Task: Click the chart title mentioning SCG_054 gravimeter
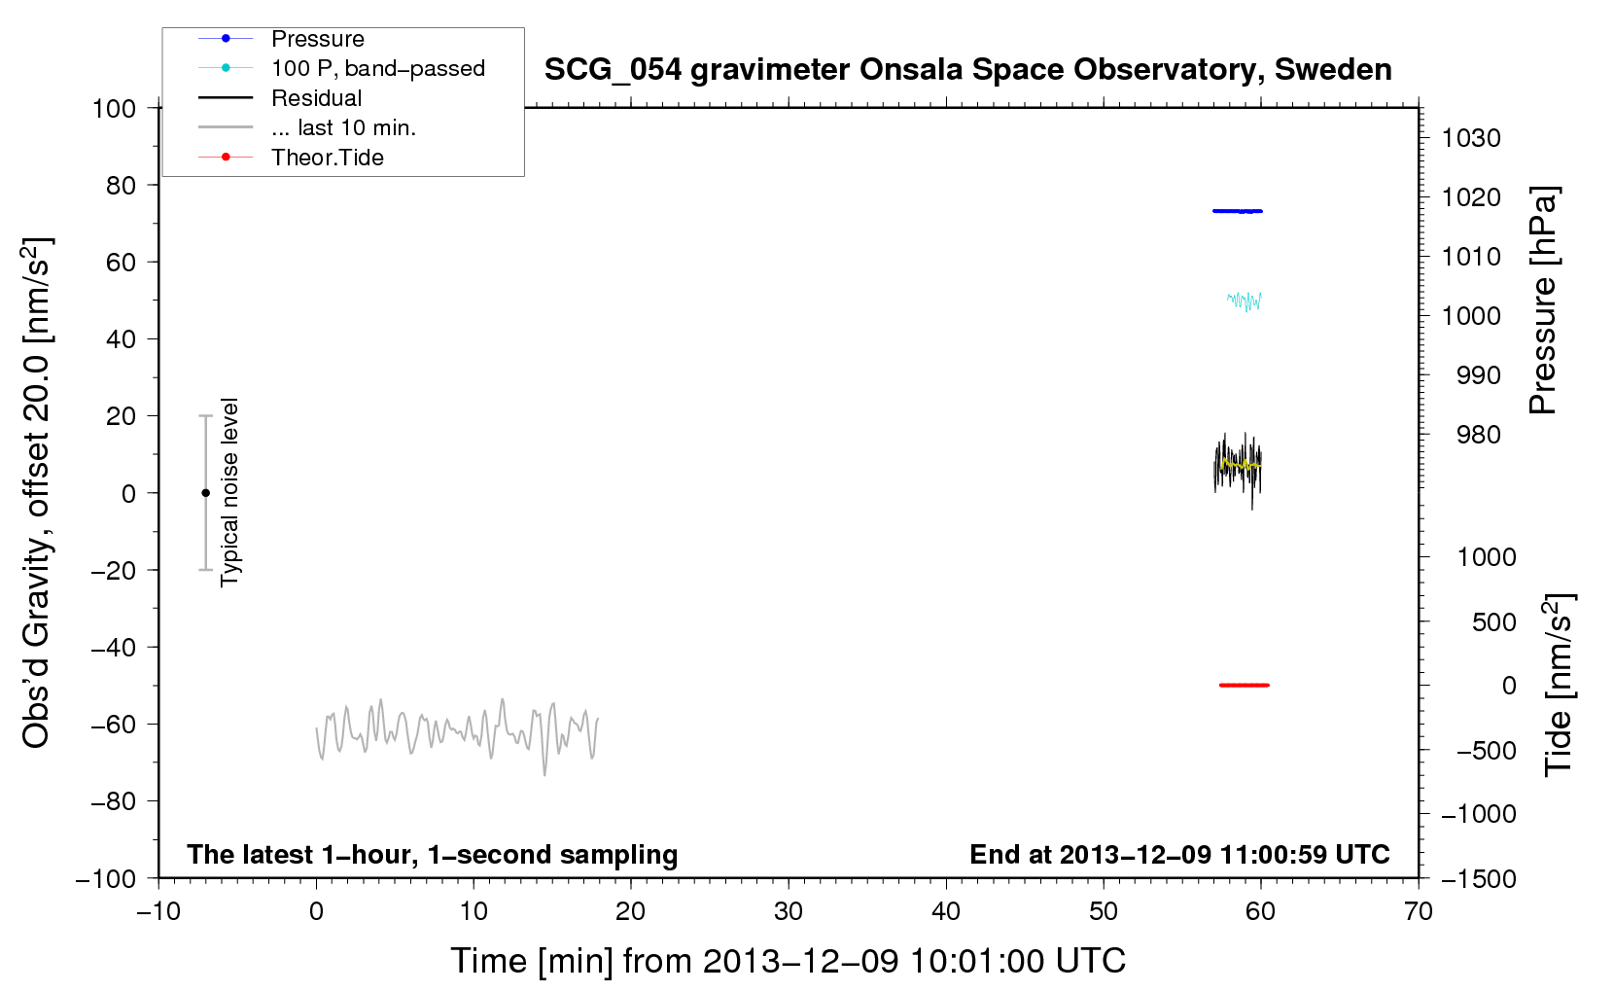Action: [967, 70]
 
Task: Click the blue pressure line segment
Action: [1237, 211]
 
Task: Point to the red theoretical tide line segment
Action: [1245, 685]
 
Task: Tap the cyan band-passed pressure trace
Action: [1245, 301]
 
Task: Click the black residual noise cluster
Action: [1238, 470]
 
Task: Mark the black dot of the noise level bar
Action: [205, 493]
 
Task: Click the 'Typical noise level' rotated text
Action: [229, 492]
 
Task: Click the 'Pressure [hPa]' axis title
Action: [1543, 300]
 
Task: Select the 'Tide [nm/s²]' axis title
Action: [1558, 685]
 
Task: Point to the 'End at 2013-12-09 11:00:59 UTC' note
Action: [1179, 854]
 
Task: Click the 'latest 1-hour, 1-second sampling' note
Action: [433, 855]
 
